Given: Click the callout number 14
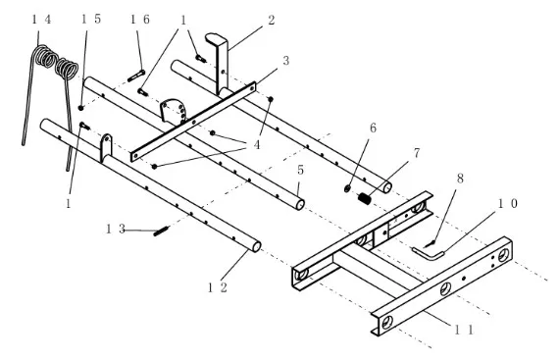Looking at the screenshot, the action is [41, 20].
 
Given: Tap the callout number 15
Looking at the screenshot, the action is [91, 19].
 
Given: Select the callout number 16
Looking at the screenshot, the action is [140, 20].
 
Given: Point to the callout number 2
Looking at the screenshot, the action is [272, 20].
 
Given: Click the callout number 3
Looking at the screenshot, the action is [285, 61].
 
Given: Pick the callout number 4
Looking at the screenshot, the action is [256, 144].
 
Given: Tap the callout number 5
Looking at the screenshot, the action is [300, 170].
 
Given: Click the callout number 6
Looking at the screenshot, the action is [373, 128].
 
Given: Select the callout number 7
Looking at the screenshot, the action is [417, 153].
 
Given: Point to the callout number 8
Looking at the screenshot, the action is [460, 179].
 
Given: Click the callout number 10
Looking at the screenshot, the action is [507, 203].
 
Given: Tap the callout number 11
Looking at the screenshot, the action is [464, 331].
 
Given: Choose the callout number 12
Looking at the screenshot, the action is [218, 287].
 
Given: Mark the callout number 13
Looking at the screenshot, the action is [116, 229].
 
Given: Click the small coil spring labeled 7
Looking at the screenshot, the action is [365, 199].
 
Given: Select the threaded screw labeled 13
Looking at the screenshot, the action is [162, 231].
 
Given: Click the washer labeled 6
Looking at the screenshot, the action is [348, 188].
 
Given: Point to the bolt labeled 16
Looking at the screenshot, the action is [136, 76].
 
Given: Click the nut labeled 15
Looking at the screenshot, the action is [81, 108].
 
